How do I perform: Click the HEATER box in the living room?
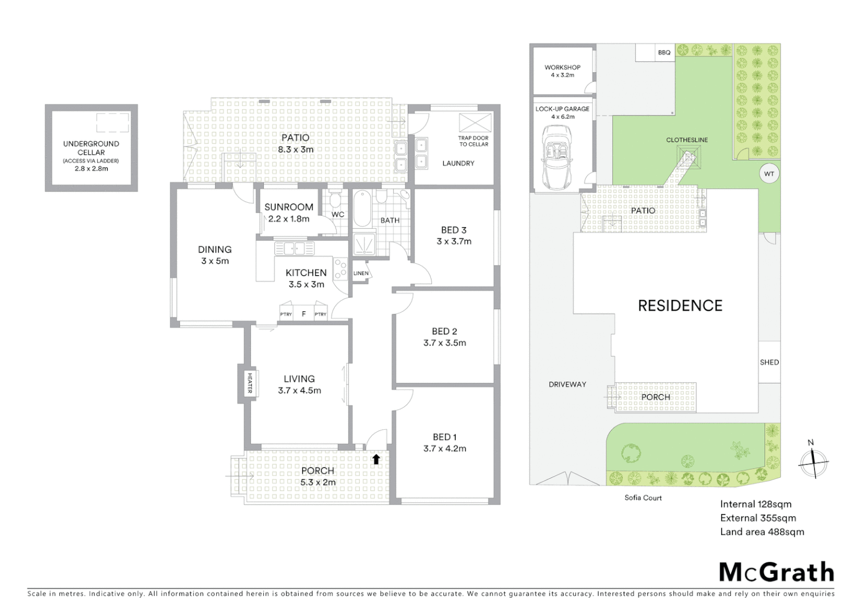click(249, 384)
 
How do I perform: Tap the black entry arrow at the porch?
click(376, 459)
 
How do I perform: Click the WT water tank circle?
click(769, 173)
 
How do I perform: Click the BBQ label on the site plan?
click(664, 53)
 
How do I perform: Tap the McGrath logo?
click(777, 572)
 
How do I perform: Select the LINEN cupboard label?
click(360, 273)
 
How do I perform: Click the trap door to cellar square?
click(473, 123)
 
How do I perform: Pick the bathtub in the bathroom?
click(362, 210)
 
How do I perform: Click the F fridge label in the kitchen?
click(303, 314)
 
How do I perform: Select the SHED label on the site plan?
click(769, 362)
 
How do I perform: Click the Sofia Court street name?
click(643, 498)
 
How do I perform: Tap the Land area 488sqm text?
click(761, 531)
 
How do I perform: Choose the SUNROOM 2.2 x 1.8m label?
click(289, 213)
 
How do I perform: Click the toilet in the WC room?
click(335, 200)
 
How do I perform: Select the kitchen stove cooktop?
click(340, 269)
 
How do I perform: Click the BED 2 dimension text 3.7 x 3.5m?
click(444, 343)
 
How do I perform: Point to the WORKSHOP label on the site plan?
click(562, 67)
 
